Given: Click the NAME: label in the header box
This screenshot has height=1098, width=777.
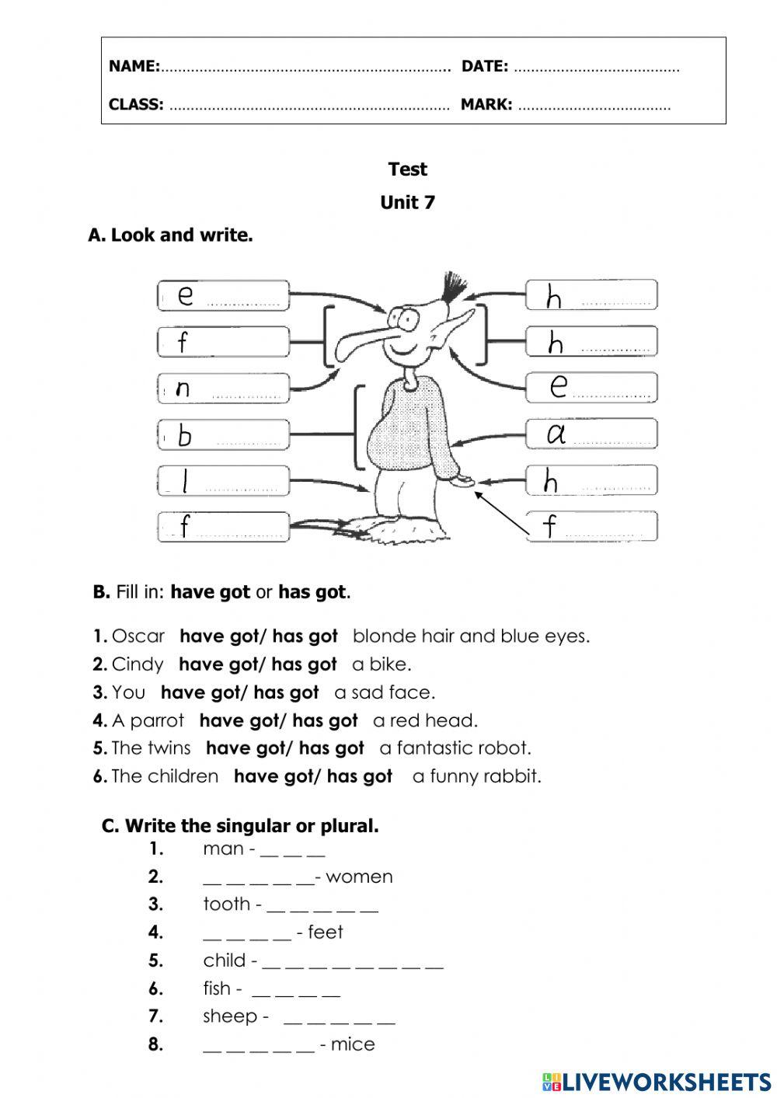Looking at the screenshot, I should pyautogui.click(x=134, y=66).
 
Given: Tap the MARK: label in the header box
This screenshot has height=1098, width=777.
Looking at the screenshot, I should pyautogui.click(x=486, y=104).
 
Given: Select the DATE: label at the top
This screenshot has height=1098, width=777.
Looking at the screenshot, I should pyautogui.click(x=484, y=66).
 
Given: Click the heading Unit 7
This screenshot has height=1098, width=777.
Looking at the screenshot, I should pyautogui.click(x=407, y=203).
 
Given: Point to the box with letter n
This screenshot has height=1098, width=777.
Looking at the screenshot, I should pyautogui.click(x=223, y=388).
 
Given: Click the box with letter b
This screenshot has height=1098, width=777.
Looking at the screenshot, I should pyautogui.click(x=223, y=434).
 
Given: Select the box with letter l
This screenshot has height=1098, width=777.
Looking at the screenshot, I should pyautogui.click(x=223, y=481).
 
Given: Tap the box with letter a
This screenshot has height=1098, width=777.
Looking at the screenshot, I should pyautogui.click(x=591, y=434).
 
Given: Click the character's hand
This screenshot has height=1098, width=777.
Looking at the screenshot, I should pyautogui.click(x=463, y=481).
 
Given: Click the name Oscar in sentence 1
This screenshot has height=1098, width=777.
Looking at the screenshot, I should pyautogui.click(x=138, y=636).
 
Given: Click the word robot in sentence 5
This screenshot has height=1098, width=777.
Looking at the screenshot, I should pyautogui.click(x=505, y=748).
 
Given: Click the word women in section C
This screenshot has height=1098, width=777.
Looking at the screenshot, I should pyautogui.click(x=359, y=877).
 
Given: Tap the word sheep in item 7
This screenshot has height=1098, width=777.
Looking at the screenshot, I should pyautogui.click(x=230, y=1016).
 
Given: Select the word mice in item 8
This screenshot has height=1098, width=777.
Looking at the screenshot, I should pyautogui.click(x=353, y=1044).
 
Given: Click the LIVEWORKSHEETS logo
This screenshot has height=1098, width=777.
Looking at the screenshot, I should pyautogui.click(x=657, y=1081).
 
